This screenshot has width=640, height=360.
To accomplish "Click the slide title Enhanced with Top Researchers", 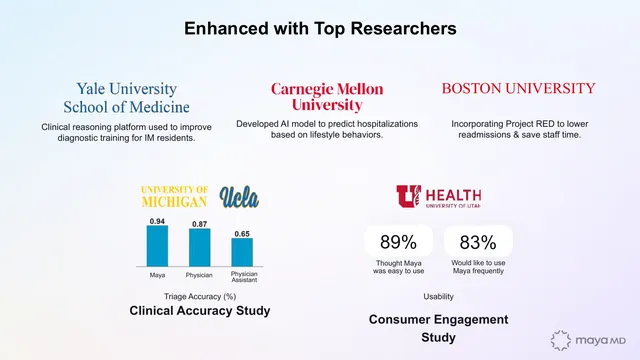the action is pos(320,29).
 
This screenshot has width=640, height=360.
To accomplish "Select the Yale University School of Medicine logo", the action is pos(127,98).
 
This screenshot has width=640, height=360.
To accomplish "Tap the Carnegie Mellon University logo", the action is pos(327,97).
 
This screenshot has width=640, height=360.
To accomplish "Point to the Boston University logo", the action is pos(518,89).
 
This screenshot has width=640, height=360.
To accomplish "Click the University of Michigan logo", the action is pos(174,197).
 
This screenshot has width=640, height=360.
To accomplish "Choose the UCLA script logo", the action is pos(239,197).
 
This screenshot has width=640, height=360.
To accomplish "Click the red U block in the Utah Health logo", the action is pos(408,196).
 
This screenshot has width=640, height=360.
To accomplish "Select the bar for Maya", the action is pos(157,246).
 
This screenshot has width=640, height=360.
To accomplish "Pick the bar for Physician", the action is pos(200,247).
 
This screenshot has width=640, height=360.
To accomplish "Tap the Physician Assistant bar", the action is pos(242,252).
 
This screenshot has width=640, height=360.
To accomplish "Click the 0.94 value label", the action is pos(157,221).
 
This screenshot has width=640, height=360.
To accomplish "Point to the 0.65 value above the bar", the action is pos(242,234).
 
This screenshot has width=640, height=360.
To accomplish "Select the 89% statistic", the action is pos(398,242).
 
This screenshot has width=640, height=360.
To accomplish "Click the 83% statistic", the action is pos(478,242).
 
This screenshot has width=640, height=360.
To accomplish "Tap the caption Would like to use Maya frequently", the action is pos(478,267).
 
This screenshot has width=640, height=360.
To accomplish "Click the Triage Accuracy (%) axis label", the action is pos(200,296).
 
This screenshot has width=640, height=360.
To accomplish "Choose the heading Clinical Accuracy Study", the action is pos(200,311).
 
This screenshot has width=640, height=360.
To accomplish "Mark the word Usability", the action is pos(438,296).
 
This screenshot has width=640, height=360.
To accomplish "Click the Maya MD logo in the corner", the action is pos(588,340).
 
